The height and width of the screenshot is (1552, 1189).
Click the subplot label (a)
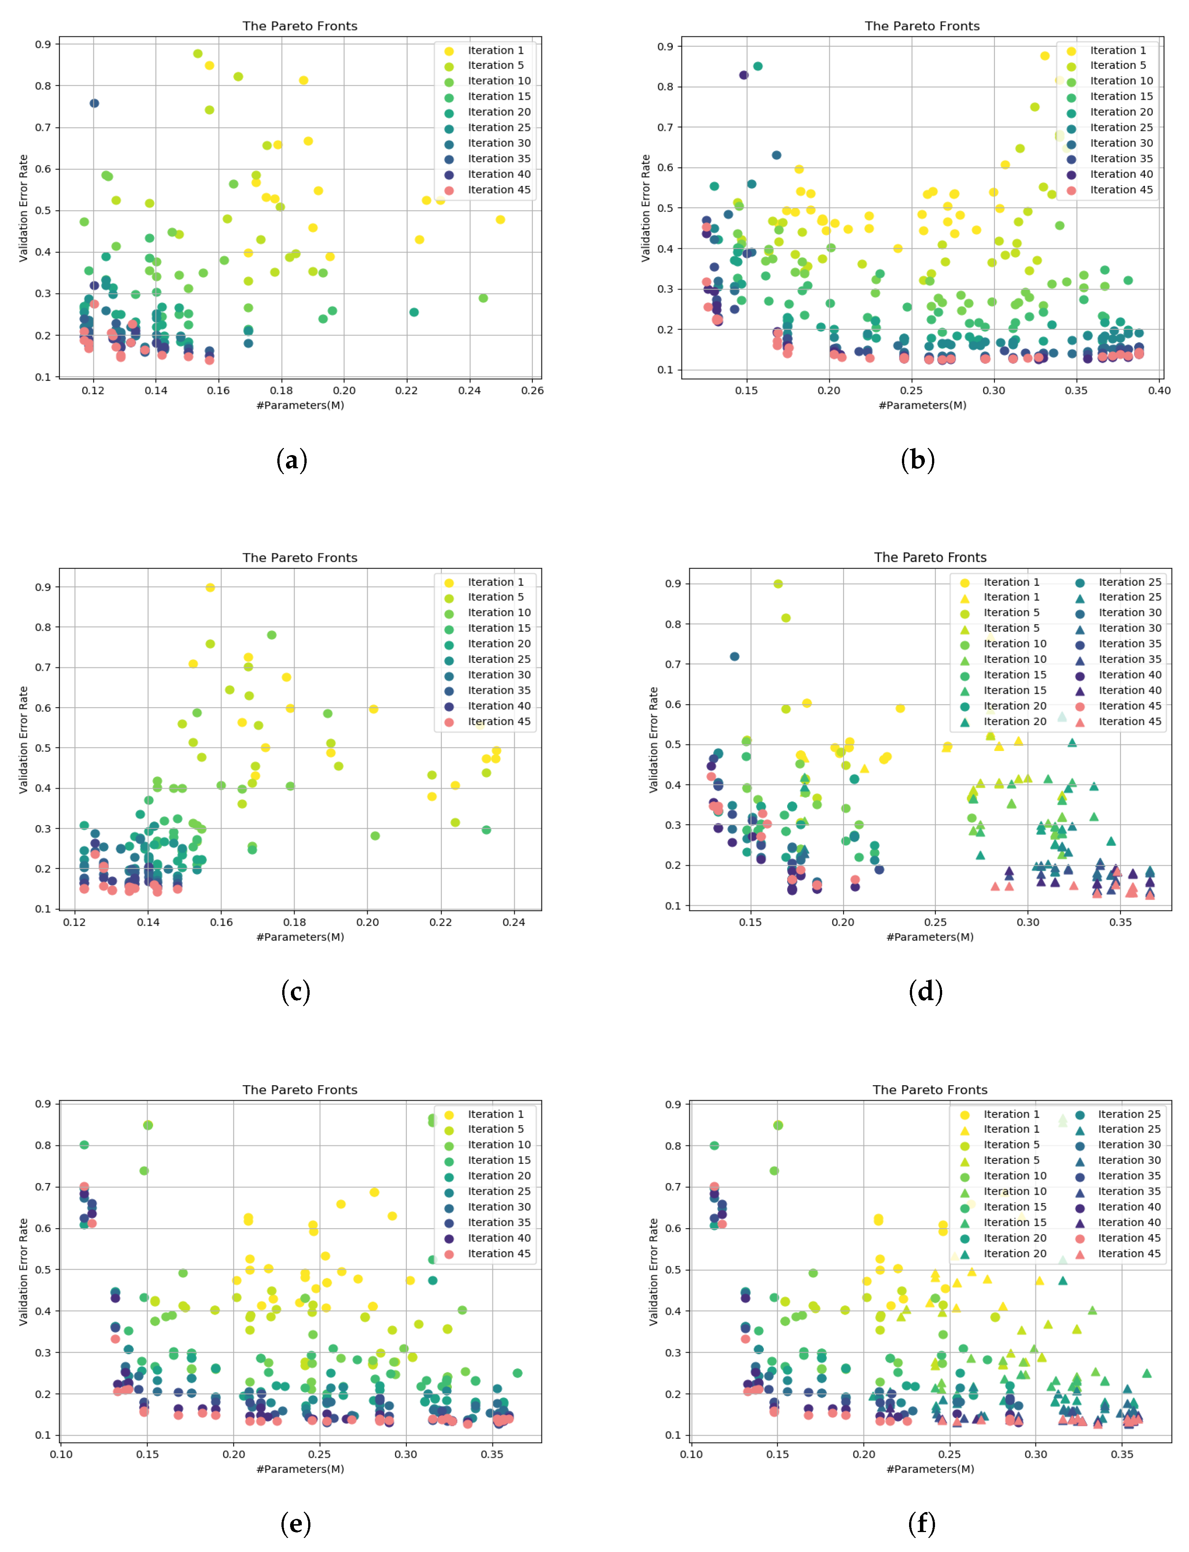click(292, 460)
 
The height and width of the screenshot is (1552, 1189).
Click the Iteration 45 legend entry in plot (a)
click(498, 190)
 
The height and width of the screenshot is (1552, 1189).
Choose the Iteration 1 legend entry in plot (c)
click(496, 582)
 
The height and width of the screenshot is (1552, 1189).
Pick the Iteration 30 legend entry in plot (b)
click(1121, 143)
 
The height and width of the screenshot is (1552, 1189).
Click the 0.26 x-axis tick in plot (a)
click(532, 390)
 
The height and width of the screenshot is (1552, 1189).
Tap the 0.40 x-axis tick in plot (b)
click(1159, 390)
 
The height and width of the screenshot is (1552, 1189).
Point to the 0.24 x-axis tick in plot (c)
click(514, 922)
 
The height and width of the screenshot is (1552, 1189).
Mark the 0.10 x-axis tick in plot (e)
click(61, 1454)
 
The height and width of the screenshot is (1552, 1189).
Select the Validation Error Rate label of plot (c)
click(23, 739)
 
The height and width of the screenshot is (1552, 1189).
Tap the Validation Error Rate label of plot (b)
click(645, 208)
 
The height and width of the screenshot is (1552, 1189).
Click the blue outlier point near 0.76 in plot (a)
click(94, 104)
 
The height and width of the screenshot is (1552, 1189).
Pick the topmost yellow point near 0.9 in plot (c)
click(210, 588)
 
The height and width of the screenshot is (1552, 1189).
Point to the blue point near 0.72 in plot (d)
click(734, 656)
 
